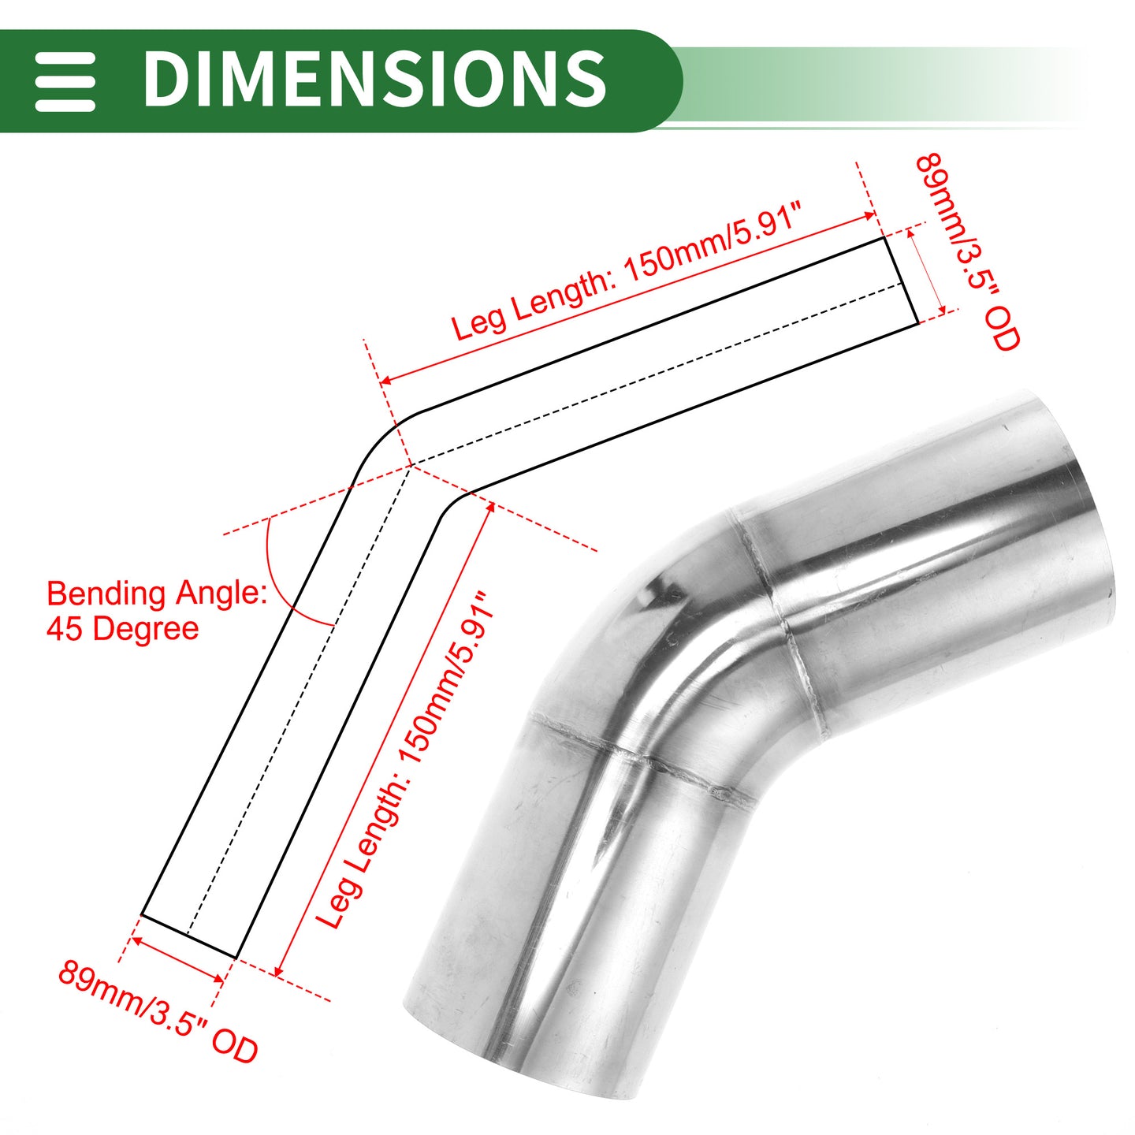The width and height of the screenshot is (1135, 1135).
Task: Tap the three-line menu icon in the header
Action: (65, 81)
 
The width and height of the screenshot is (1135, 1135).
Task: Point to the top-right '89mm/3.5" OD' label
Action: (966, 252)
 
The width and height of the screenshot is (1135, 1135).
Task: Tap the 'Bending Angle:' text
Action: (157, 595)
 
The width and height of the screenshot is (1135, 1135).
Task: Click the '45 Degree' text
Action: (122, 630)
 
